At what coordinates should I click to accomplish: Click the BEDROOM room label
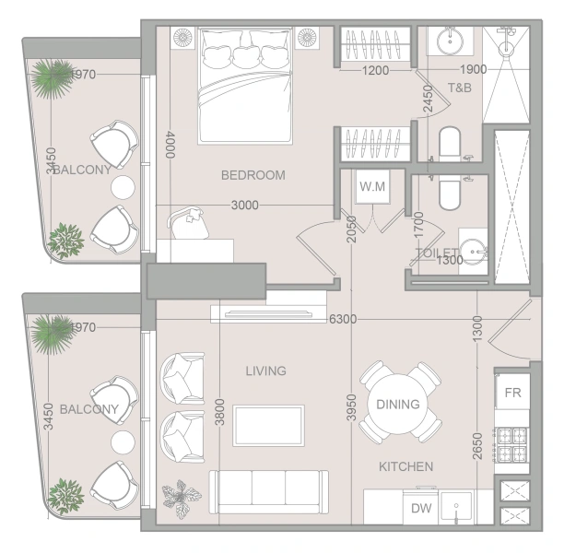coord(253,175)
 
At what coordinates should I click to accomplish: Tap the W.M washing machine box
coord(372,187)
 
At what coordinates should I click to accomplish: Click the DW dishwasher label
coord(421,508)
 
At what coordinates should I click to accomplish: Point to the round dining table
coord(398,404)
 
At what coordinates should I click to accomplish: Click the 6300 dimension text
coord(342,319)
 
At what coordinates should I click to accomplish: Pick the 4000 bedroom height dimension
coord(170,145)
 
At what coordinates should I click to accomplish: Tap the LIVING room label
coord(265,371)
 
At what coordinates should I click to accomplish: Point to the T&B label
coord(460,88)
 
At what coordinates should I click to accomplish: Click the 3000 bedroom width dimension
coord(244,206)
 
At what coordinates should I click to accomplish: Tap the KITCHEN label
coord(405,466)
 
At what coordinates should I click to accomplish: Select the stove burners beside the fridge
coord(511,443)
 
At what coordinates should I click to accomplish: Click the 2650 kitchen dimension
coord(476,447)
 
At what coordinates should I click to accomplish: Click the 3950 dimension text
coord(350,409)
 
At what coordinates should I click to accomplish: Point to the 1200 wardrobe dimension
coord(374,70)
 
